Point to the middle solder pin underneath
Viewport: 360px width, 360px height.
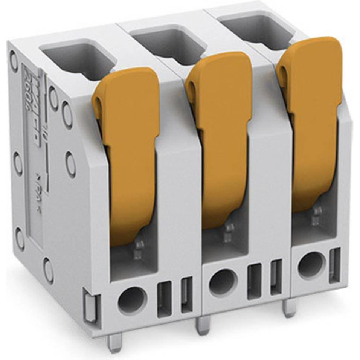pos(203,325)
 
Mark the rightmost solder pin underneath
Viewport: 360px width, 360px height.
pos(290,307)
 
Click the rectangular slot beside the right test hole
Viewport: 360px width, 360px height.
pos(334,265)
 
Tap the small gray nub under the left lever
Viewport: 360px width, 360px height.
pos(139,250)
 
